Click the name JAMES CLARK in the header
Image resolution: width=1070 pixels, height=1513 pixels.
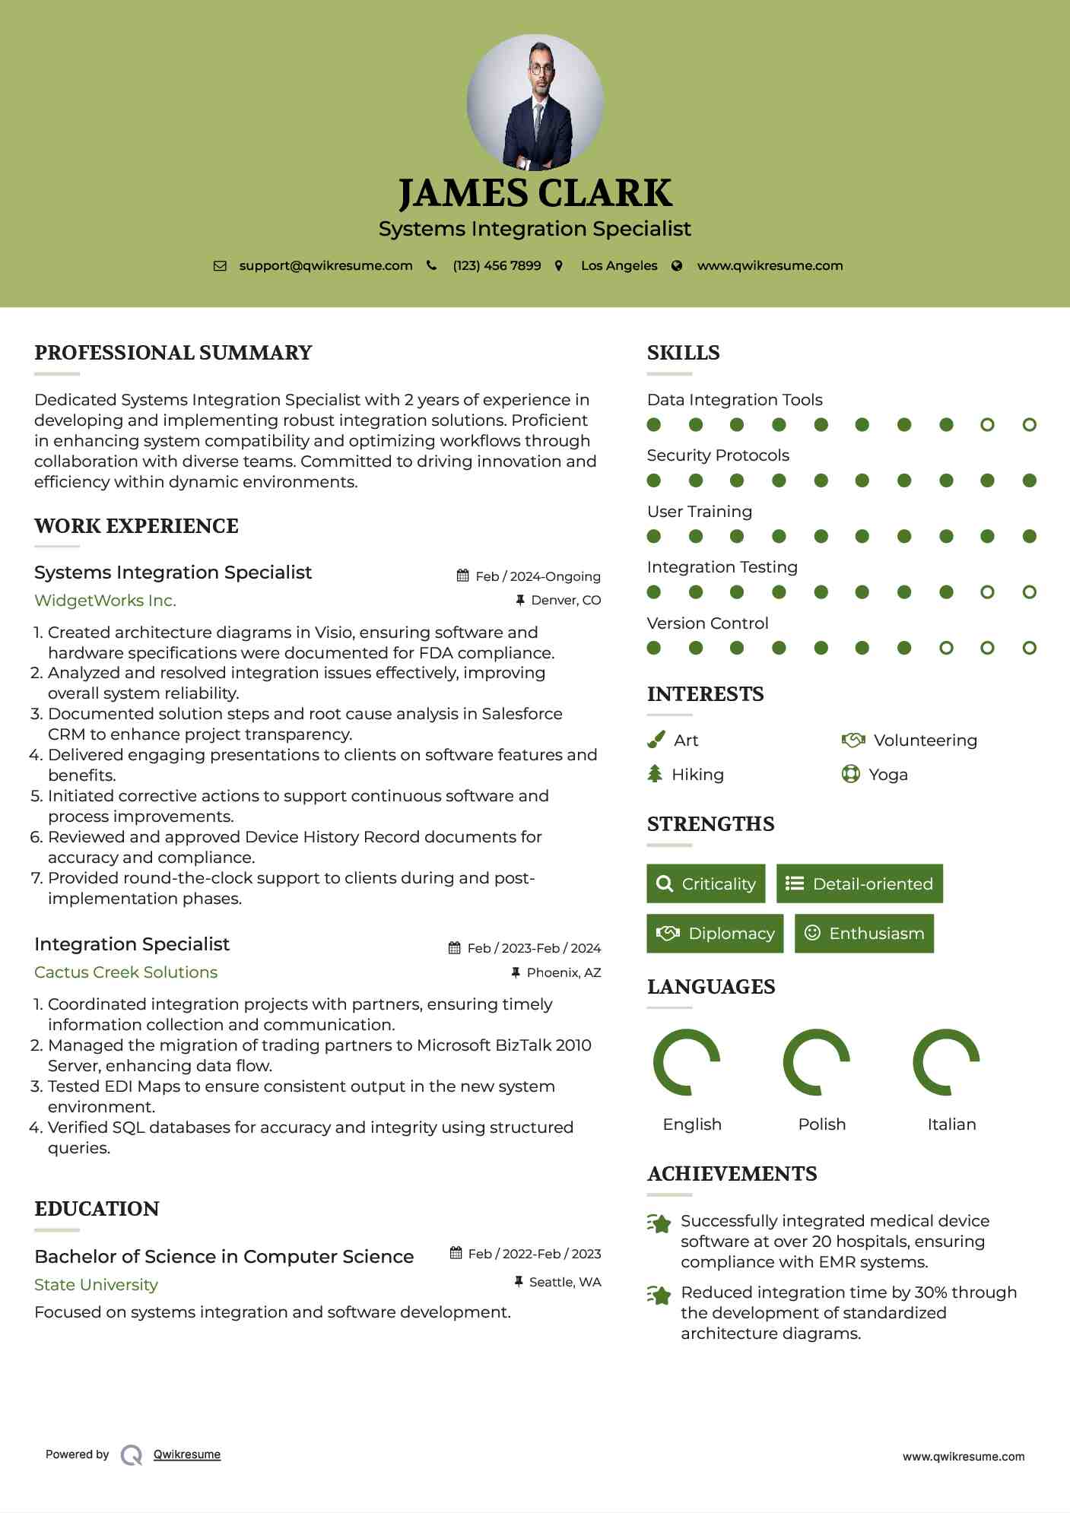535,193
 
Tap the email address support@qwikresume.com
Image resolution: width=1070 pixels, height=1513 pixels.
325,266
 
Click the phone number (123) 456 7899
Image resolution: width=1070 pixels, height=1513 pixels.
497,266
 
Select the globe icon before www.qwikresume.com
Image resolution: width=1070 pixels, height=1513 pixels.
677,266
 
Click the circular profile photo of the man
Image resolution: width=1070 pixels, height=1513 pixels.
535,103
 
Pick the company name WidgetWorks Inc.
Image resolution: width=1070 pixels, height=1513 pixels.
105,601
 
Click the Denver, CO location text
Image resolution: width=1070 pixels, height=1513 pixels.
566,601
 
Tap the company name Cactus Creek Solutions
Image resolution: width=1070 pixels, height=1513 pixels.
125,972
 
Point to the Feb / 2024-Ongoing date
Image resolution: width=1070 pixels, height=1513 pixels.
538,576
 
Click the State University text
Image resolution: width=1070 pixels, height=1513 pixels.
96,1285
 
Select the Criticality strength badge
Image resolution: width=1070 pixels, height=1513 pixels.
706,883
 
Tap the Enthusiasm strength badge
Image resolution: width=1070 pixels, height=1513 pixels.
864,934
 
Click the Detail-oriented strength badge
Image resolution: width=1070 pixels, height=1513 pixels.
859,883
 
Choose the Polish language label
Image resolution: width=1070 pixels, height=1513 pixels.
821,1124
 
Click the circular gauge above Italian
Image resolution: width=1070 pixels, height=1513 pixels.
946,1062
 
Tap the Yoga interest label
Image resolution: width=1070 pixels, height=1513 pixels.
888,775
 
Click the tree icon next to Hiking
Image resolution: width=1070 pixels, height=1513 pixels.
655,774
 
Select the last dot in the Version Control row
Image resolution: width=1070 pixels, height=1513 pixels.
1029,648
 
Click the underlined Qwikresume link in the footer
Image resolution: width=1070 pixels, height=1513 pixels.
187,1454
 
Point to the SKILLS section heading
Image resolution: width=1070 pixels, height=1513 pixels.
683,353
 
